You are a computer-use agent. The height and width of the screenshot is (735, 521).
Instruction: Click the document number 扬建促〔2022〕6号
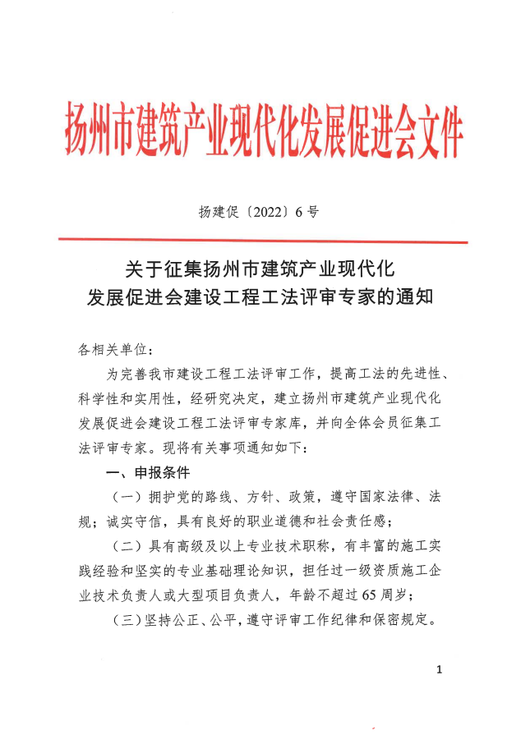pyautogui.click(x=257, y=211)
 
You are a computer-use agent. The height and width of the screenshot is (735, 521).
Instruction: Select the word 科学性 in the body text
pyautogui.click(x=98, y=400)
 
